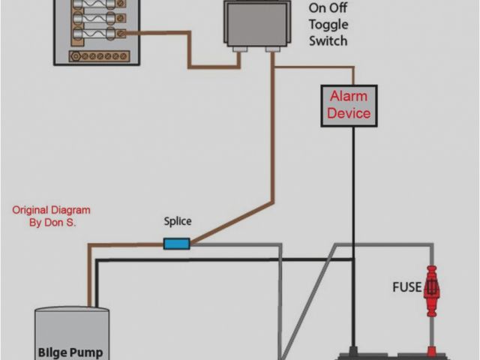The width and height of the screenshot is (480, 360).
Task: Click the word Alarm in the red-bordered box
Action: click(349, 97)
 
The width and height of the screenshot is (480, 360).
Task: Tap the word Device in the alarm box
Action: click(349, 113)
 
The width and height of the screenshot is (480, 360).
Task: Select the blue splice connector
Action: click(176, 243)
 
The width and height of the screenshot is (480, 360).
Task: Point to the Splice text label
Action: click(178, 221)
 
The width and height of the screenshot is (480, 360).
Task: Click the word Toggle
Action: click(328, 24)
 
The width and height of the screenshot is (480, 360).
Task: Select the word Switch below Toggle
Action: click(328, 40)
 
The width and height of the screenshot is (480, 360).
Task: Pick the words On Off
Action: click(328, 8)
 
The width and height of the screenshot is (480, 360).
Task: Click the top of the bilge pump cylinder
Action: click(72, 310)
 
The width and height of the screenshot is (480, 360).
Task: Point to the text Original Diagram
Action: click(51, 210)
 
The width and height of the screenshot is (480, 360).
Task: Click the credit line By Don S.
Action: click(51, 223)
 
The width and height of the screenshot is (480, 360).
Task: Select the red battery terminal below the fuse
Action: click(432, 350)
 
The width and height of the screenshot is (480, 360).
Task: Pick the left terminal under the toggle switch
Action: click(239, 49)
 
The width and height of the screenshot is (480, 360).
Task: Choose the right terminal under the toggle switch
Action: click(273, 49)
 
